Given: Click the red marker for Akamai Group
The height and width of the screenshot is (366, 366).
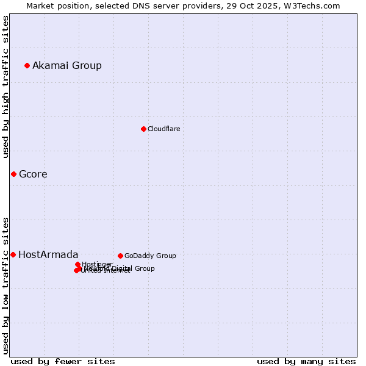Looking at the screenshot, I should (x=27, y=65).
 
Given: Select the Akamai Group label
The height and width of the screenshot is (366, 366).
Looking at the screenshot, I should (x=67, y=65).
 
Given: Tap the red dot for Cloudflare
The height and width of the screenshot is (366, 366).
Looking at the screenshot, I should (x=143, y=129).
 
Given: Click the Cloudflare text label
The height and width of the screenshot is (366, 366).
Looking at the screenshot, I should (x=164, y=129).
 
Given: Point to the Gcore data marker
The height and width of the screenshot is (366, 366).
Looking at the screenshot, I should (x=13, y=174).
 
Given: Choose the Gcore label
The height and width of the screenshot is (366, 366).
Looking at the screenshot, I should (x=33, y=174).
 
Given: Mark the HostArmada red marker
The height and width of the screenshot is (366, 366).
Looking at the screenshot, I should (x=13, y=254).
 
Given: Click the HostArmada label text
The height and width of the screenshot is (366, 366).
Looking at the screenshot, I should (x=48, y=254).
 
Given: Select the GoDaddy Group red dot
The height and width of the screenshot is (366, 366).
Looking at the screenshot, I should (x=120, y=256).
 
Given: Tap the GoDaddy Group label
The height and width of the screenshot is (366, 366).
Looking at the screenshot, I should (x=150, y=256).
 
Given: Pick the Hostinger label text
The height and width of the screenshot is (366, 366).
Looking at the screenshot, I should (x=97, y=264).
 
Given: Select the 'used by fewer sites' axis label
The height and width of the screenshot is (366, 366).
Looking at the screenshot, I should (x=63, y=361).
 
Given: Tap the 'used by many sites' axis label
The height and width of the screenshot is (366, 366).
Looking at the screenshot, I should (x=306, y=361).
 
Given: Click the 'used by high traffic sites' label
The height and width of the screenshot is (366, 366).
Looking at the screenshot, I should (x=6, y=87).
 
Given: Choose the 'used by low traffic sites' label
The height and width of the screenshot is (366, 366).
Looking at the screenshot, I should (x=6, y=285).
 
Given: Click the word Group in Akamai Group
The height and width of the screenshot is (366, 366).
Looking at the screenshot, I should (x=87, y=65).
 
